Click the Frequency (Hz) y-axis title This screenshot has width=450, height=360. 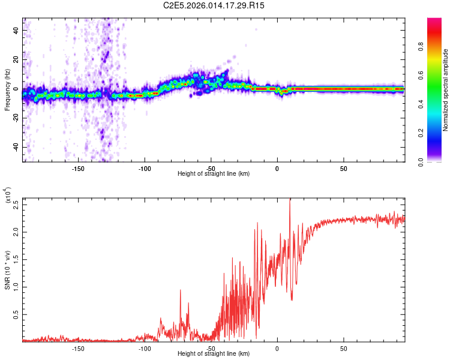[7, 90]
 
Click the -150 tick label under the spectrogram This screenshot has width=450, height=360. [77, 169]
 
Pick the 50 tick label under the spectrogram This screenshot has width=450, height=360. [343, 169]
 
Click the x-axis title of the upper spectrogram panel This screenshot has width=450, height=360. [214, 174]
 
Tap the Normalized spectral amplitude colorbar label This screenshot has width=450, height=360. [446, 91]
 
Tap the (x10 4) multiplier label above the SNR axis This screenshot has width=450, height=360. [7, 196]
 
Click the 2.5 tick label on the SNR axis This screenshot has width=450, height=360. [16, 204]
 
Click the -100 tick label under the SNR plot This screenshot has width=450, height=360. [144, 349]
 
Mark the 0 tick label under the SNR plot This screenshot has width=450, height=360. [277, 349]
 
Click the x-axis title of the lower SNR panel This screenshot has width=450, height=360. [214, 354]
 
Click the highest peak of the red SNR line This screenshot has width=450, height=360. [290, 200]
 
